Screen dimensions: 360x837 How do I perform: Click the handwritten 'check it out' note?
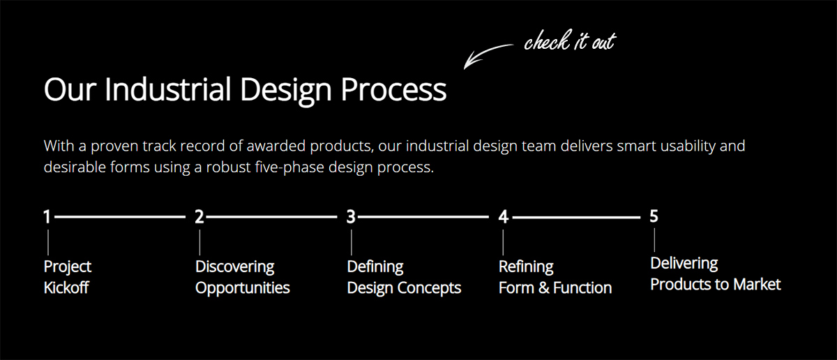[x=569, y=42]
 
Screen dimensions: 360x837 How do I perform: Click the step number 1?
[x=47, y=217]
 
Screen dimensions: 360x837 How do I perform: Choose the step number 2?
[x=199, y=217]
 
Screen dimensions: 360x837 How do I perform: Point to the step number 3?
[x=351, y=217]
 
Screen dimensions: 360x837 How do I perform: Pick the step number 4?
[x=503, y=217]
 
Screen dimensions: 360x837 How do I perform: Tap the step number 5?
[x=654, y=216]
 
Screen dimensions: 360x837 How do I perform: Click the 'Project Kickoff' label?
[x=67, y=277]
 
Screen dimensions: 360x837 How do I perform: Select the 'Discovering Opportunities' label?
[x=242, y=277]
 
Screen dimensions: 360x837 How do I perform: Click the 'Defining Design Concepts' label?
[x=404, y=277]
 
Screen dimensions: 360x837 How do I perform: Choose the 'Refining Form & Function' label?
[x=555, y=277]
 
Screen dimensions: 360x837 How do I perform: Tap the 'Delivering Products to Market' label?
[x=715, y=273]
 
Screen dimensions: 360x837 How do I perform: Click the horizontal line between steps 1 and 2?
[x=119, y=218]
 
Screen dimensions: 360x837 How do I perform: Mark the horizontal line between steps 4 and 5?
[x=575, y=218]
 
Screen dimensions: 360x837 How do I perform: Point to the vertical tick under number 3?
[x=351, y=242]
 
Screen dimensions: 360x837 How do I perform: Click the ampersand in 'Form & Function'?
[x=544, y=287]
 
